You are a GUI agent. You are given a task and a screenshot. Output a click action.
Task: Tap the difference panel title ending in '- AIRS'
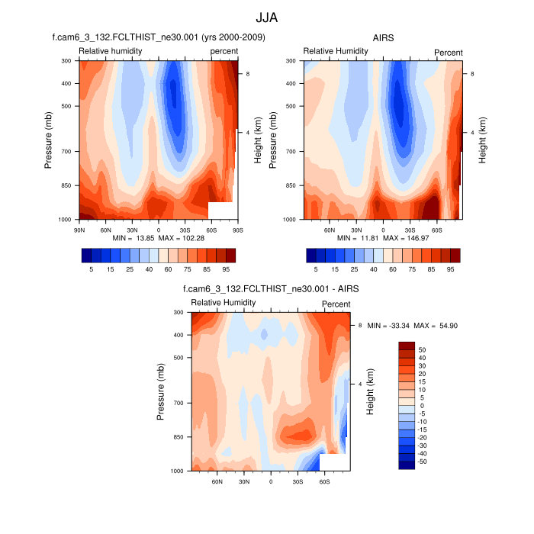[x=271, y=289]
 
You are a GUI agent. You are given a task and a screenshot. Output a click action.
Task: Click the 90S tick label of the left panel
[x=237, y=228]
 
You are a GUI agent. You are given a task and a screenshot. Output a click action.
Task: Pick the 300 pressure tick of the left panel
[x=65, y=60]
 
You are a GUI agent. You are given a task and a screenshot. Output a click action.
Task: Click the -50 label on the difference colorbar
[x=422, y=462]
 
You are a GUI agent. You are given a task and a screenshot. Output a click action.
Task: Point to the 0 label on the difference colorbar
[x=421, y=405]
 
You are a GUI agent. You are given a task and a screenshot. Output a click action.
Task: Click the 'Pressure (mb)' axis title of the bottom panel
[x=161, y=391]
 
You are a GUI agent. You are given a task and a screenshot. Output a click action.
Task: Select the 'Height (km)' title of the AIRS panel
[x=482, y=140]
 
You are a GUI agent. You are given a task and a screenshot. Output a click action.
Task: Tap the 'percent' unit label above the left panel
[x=224, y=51]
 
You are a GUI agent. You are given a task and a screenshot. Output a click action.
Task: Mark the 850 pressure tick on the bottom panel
[x=178, y=437]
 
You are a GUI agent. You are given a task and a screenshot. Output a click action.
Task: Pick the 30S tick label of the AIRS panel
[x=410, y=228]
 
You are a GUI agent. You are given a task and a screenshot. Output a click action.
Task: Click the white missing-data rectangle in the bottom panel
[x=334, y=462]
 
